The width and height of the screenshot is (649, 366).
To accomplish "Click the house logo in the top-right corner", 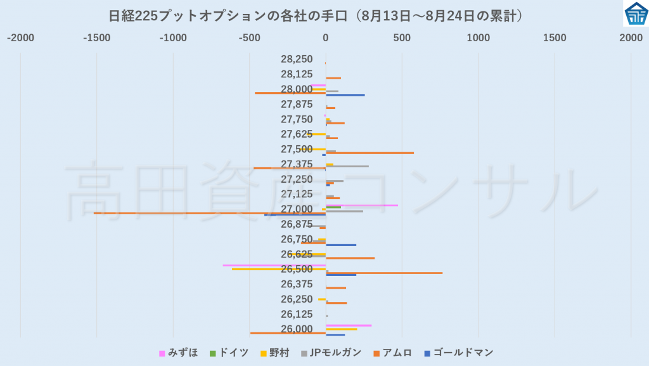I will point(635,13).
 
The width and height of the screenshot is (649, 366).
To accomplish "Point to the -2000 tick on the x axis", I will point(20,38).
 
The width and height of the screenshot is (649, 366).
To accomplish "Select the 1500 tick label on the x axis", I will point(555,38).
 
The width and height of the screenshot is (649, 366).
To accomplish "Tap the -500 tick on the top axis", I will point(250,38).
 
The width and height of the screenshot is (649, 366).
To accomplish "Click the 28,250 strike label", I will point(297,59).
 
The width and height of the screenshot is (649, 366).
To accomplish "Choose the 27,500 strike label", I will point(297,149).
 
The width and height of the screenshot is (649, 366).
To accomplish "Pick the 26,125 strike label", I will point(297,314).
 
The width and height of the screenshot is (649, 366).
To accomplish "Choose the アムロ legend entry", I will point(397,353).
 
